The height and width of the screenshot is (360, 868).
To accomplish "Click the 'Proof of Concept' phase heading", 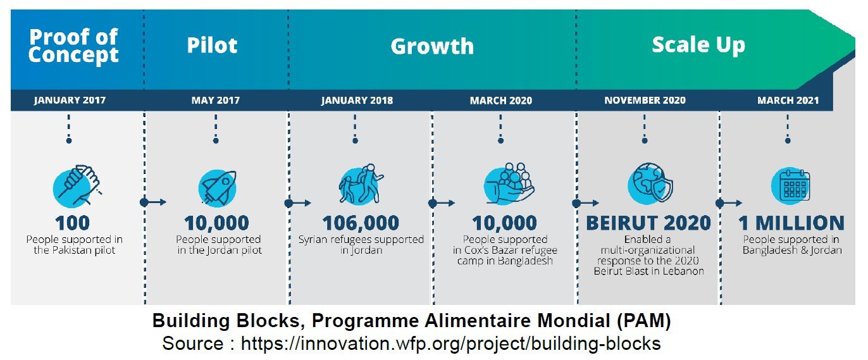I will coord(73,46).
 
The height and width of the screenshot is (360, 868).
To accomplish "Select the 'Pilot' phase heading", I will coord(212,46).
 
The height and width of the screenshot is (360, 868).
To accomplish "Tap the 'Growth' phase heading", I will coord(432,46).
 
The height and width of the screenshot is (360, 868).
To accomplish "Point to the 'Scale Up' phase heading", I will coord(698,45).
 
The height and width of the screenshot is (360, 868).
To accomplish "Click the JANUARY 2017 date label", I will coord(70,101).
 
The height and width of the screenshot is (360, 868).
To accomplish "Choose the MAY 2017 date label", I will coord(215,101).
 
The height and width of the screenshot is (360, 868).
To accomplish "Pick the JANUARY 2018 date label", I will coord(357,101).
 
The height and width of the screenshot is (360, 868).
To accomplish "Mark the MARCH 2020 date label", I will coord(500,101).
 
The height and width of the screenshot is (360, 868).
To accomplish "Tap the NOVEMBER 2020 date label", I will coord(645,101).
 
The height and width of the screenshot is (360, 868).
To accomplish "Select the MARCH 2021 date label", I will coord(788,101).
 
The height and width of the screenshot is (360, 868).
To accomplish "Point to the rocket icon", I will coord(217,187).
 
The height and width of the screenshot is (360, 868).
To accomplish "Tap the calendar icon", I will coord(791,185).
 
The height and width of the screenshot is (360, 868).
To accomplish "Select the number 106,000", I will coord(361,223).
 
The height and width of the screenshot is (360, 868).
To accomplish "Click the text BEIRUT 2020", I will coord(648,223).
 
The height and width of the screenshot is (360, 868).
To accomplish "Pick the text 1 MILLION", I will coord(791,223).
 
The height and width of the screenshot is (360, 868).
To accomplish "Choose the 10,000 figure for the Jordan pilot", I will coord(216,223).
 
